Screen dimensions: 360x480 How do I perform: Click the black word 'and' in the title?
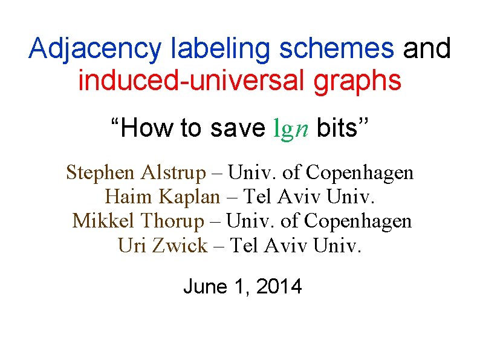427,49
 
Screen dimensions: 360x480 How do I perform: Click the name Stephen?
100,173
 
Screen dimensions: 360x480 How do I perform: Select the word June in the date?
204,286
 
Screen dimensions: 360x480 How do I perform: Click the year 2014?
279,286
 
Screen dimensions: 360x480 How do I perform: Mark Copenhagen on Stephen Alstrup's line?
360,173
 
